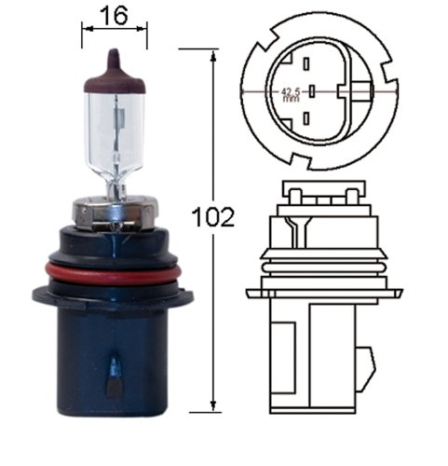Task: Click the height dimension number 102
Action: click(212, 217)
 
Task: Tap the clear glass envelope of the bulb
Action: click(114, 135)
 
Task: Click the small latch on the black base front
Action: click(115, 377)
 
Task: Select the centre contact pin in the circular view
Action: click(314, 90)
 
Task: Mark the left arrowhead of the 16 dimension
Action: click(86, 29)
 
